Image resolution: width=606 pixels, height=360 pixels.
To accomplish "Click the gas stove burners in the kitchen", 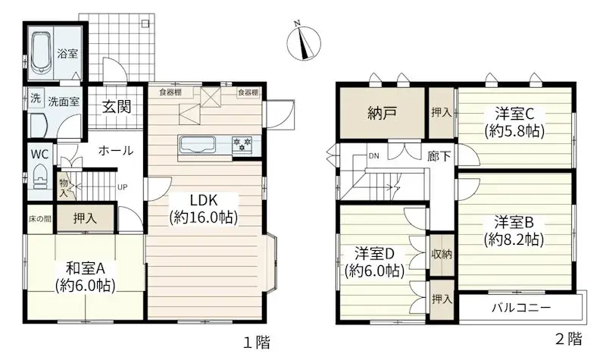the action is (x=242, y=143).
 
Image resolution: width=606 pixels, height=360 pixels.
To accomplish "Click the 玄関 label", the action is (x=117, y=106).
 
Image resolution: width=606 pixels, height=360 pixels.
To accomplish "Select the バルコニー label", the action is (x=521, y=308).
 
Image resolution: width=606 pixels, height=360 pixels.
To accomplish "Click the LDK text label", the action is (x=204, y=201).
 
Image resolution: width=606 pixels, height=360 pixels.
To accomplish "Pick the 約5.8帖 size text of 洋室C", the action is (x=514, y=131).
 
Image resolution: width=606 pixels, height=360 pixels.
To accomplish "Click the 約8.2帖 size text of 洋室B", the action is (x=514, y=240).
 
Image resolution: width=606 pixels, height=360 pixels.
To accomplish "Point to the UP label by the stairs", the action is (x=123, y=187).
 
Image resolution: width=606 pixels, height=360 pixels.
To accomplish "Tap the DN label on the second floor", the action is (x=373, y=156).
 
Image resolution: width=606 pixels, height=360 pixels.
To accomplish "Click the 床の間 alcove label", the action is (x=40, y=219).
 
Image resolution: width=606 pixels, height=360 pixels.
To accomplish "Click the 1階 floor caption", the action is (x=256, y=343).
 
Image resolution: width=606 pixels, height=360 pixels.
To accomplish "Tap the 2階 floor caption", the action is (x=569, y=339).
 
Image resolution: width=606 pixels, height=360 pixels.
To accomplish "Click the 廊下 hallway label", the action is (x=439, y=156).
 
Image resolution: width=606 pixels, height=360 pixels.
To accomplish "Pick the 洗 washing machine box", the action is (x=36, y=99).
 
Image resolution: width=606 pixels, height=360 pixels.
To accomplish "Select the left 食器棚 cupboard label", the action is (x=170, y=92).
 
